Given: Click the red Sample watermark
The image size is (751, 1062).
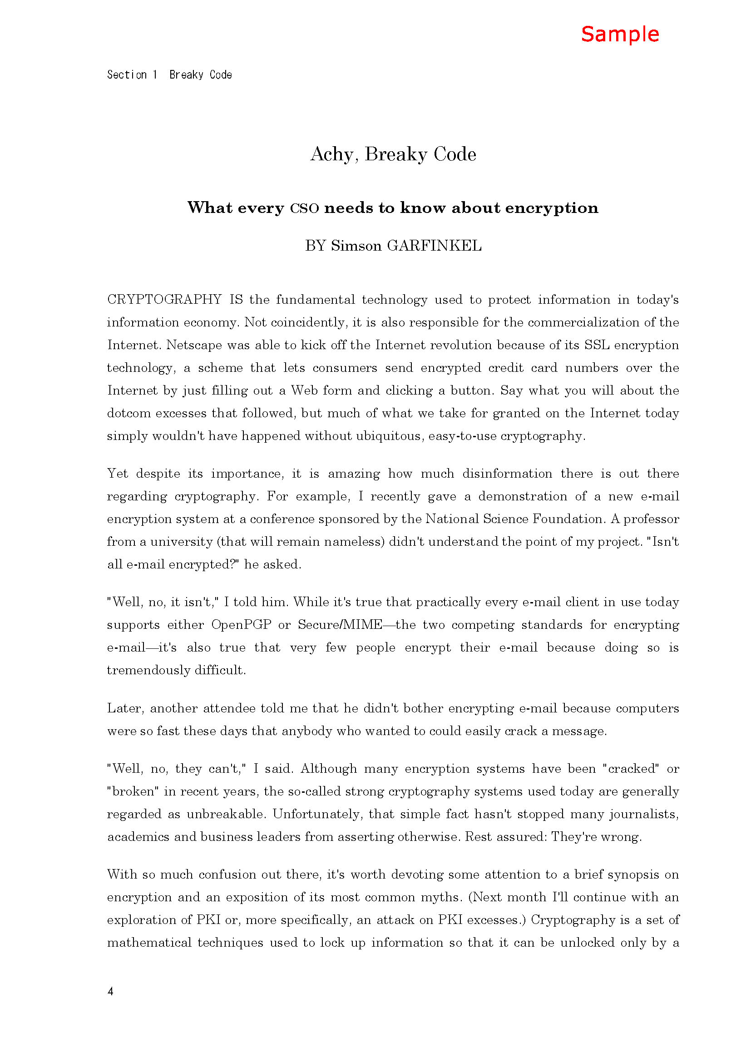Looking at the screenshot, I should (x=620, y=35).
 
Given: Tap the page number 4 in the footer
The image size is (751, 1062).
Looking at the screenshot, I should (x=110, y=991).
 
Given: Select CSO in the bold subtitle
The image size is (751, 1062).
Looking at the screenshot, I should (x=304, y=208).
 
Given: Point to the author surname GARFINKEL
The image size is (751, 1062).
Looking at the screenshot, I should (x=434, y=246).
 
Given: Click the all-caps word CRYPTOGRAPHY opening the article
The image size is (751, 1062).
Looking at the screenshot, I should (x=165, y=300).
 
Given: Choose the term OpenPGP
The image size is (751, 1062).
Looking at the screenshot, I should (x=242, y=625).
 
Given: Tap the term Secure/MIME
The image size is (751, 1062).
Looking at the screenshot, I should (x=340, y=625).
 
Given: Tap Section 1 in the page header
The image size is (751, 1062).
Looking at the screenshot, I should (x=132, y=75).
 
